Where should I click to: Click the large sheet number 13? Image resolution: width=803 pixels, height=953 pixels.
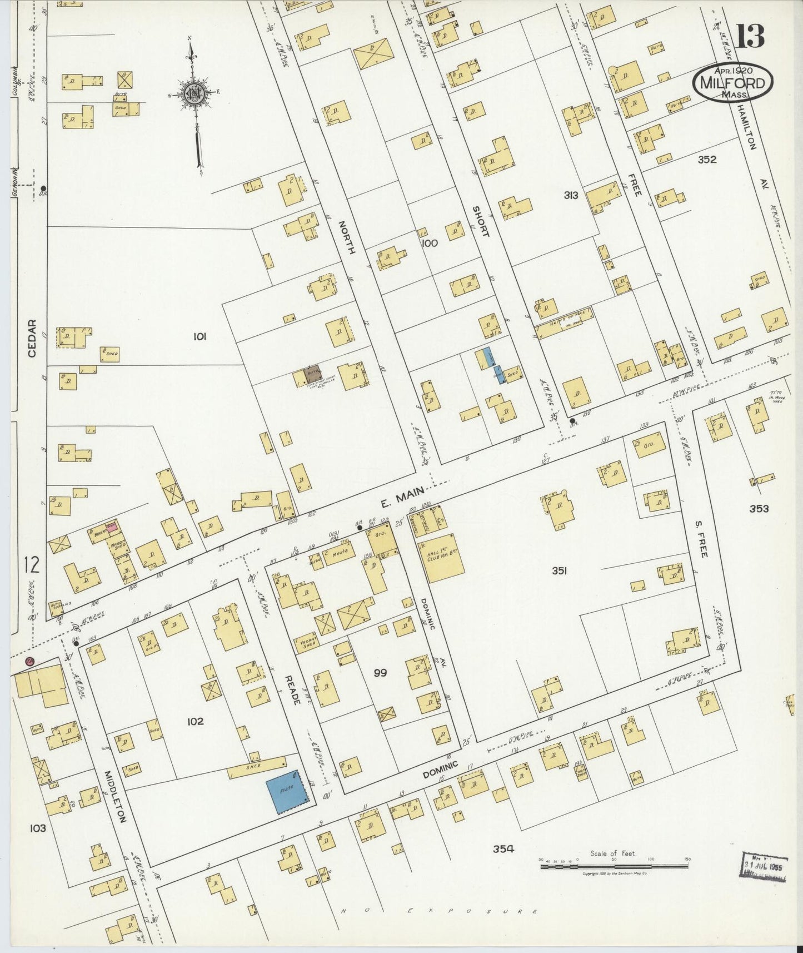750,36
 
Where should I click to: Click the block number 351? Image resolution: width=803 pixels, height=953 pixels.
559,570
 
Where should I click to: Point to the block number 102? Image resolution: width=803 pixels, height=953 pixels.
196,721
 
